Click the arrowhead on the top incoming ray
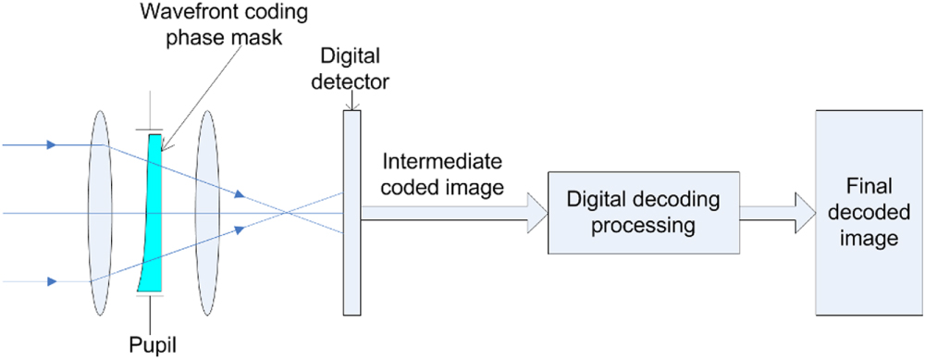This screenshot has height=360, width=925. (51, 144)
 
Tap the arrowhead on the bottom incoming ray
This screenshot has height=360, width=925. (51, 280)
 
